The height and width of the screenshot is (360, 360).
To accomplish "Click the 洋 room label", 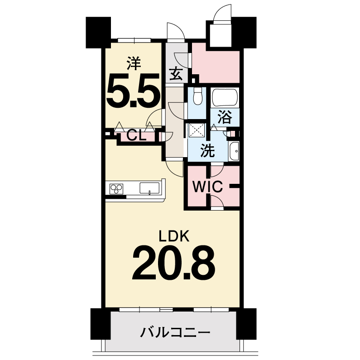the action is [x=134, y=63].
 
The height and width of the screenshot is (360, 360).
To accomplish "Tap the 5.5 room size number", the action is [x=133, y=91].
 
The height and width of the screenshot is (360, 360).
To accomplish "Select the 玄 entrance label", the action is [x=176, y=74].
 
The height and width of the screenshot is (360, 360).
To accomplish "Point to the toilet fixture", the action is [x=197, y=96].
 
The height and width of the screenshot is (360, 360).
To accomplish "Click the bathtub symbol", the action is [x=225, y=97].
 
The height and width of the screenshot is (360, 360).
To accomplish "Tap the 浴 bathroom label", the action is [x=225, y=117].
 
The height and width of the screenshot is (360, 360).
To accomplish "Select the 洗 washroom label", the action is [x=207, y=151].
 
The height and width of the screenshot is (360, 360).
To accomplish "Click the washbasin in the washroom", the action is [x=234, y=151].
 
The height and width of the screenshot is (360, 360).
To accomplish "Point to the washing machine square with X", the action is [x=197, y=130].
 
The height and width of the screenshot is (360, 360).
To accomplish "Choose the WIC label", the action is [x=207, y=187].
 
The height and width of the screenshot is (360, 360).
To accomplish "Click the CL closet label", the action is [x=136, y=136].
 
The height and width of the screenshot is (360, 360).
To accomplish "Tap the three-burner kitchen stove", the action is [x=116, y=189].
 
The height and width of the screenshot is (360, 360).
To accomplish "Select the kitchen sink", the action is [x=149, y=188].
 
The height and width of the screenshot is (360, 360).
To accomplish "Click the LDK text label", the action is [x=174, y=236].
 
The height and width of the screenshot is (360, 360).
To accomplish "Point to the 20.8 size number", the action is [x=174, y=263].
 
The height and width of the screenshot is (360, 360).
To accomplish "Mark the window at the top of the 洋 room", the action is [x=134, y=40].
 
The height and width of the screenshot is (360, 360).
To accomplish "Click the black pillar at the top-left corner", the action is [x=98, y=32].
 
